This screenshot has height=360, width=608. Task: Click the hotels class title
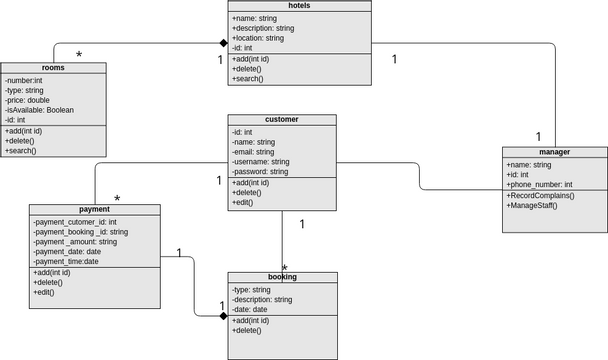[299, 6]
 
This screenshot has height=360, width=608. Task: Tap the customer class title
[281, 120]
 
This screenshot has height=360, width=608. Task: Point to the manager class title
[553, 152]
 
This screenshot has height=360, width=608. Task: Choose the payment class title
[95, 209]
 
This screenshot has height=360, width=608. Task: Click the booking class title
[281, 277]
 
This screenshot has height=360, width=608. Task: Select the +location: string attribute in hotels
[258, 38]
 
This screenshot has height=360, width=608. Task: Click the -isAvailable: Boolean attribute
[39, 110]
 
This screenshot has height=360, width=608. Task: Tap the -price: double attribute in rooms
[27, 100]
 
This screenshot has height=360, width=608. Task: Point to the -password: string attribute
[260, 172]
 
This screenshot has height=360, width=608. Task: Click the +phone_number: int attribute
[540, 185]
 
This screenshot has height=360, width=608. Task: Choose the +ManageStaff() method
[532, 206]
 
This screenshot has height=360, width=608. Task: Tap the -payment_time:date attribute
[66, 262]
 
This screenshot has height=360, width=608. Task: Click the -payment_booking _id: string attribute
[80, 232]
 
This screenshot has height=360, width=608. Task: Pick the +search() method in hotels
[248, 79]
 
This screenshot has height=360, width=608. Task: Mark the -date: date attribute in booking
[250, 310]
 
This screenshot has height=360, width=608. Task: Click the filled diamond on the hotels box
[225, 43]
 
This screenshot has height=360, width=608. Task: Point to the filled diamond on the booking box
[225, 315]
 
